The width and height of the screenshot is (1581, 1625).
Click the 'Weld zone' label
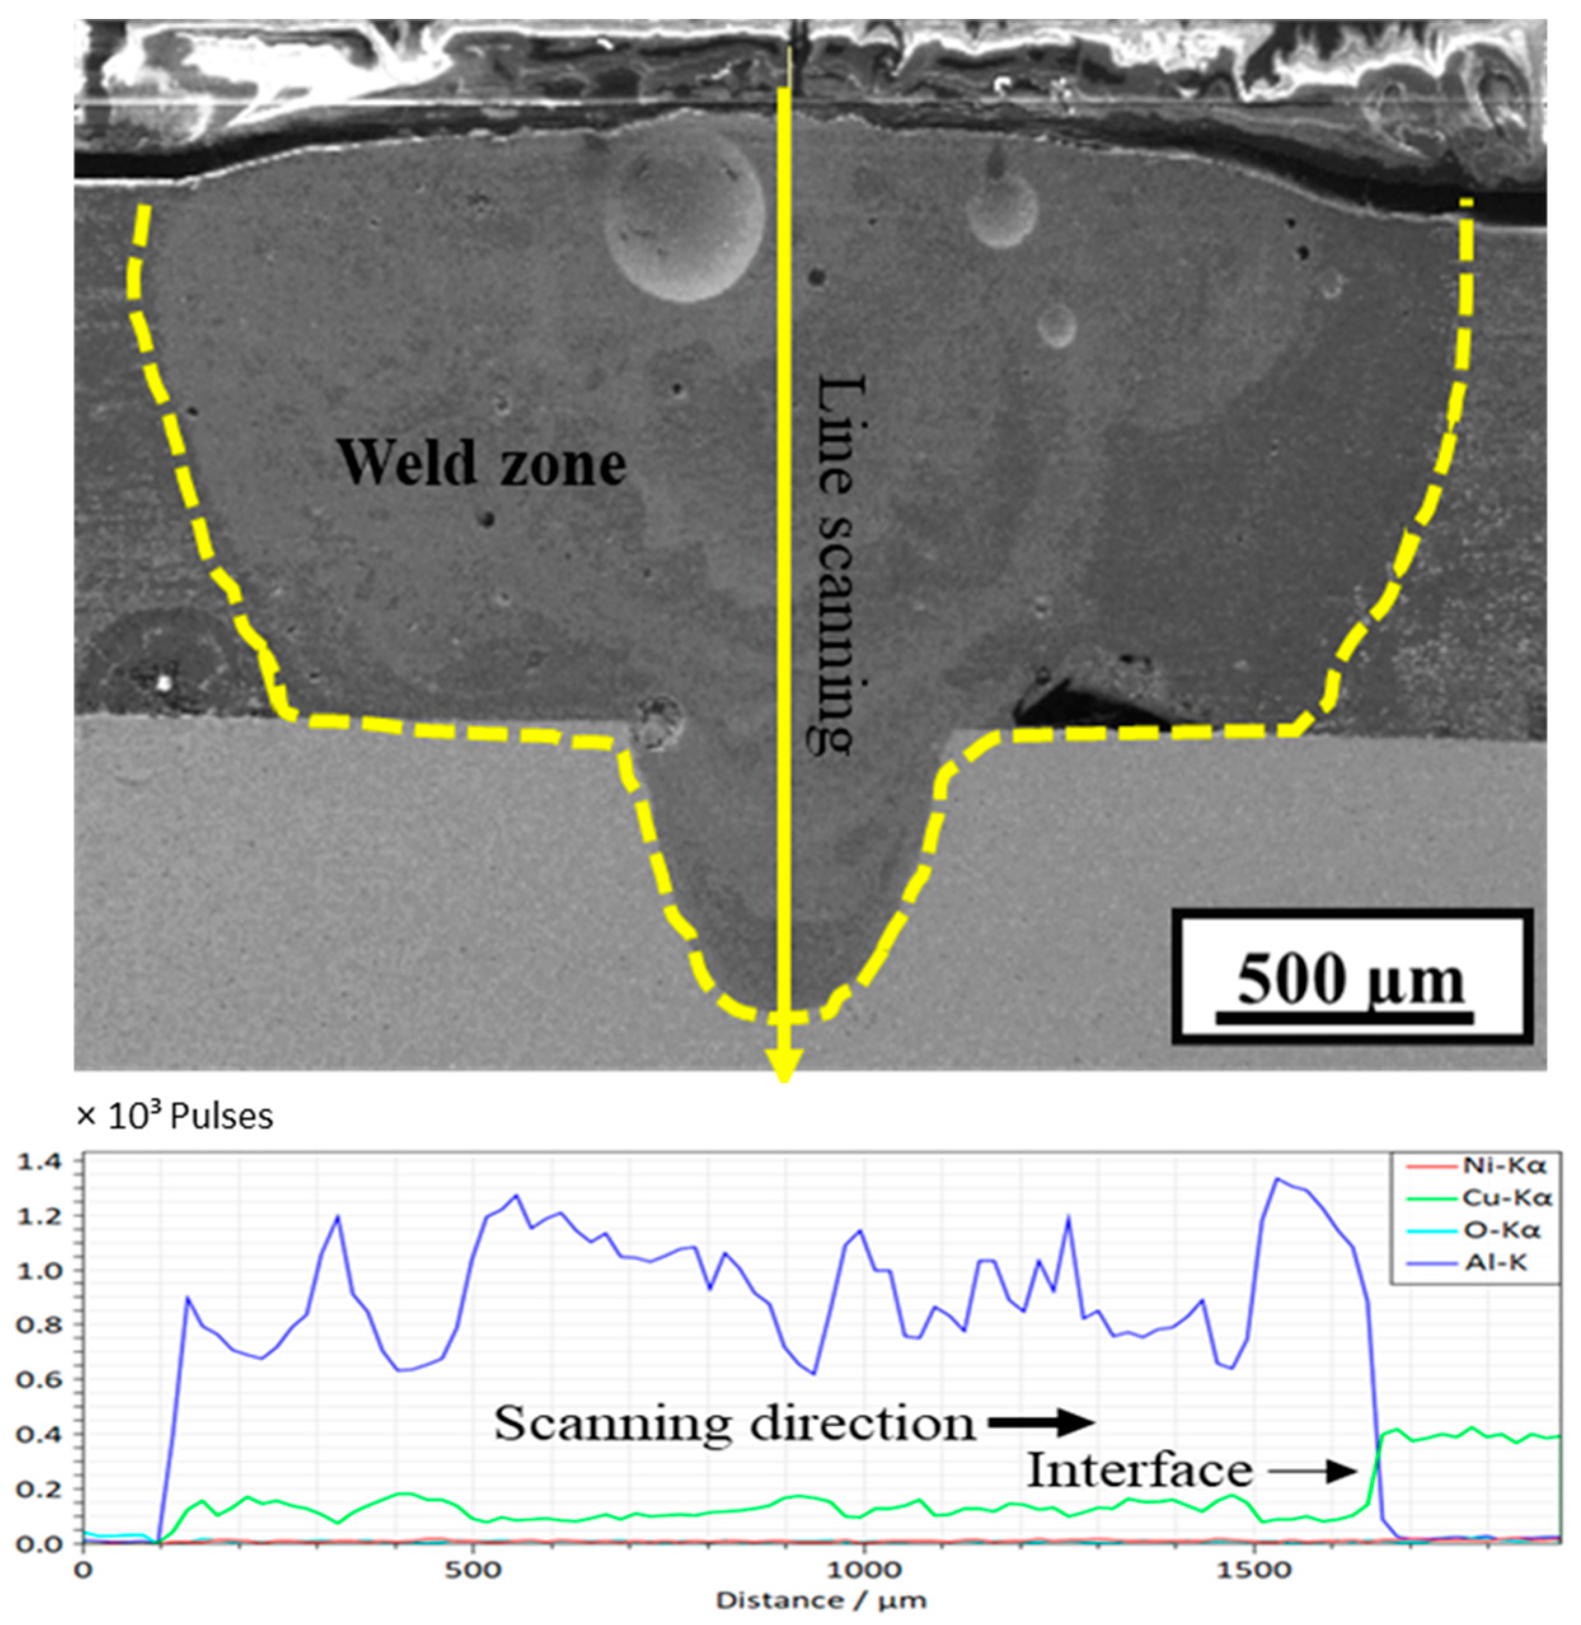click(481, 463)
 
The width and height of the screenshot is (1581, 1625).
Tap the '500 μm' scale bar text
click(1351, 981)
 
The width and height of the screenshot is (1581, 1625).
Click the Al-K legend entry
click(1495, 1263)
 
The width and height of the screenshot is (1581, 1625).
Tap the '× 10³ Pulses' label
click(174, 1117)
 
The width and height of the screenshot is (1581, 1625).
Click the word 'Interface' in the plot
click(1139, 1471)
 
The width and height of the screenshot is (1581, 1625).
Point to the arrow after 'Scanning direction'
click(1042, 1423)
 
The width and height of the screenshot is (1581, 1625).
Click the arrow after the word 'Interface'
click(1312, 1471)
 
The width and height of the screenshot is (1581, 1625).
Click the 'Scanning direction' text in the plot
click(735, 1423)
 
